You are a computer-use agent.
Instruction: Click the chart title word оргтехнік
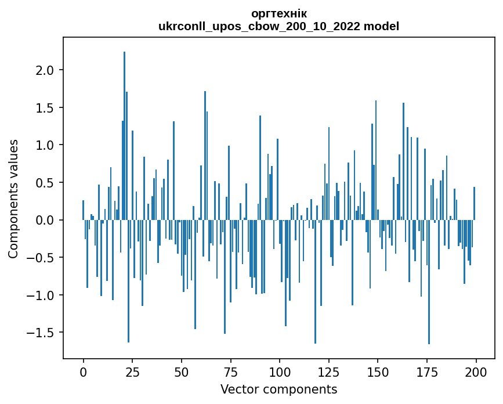point(278,13)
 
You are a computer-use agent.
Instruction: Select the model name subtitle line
point(278,26)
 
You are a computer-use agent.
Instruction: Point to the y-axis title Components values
point(13,199)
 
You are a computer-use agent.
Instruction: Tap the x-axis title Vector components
point(278,389)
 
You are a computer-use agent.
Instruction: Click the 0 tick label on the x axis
point(83,371)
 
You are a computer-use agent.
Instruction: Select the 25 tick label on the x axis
point(132,371)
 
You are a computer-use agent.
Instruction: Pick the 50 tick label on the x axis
point(182,371)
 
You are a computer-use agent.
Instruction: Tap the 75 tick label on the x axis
point(230,371)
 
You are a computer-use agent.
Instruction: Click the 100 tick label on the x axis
point(280,371)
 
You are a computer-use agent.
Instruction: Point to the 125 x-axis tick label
point(329,371)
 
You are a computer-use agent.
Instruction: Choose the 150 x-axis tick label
point(378,371)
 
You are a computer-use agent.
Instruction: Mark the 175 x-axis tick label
point(427,371)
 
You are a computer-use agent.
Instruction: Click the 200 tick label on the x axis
point(476,371)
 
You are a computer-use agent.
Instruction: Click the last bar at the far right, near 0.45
point(474,204)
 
